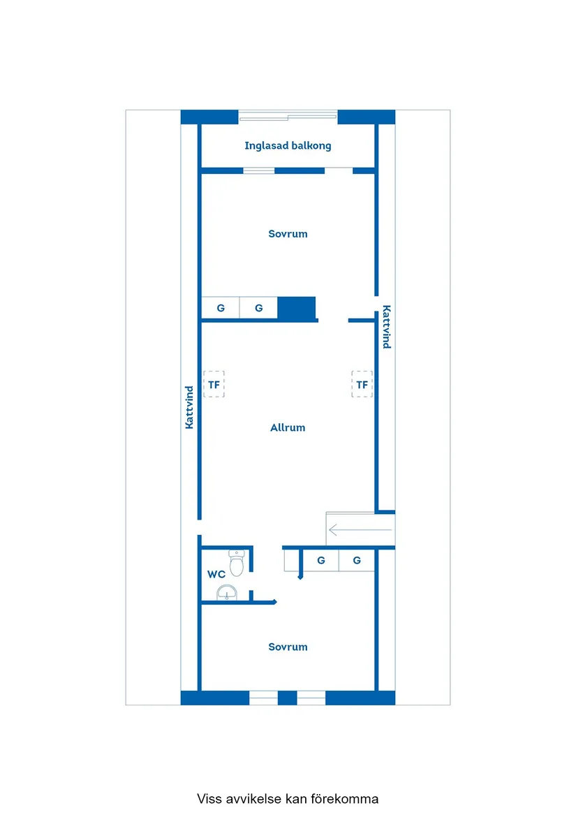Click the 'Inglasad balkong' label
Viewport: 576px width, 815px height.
click(288, 146)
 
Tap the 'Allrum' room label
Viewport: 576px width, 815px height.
click(288, 427)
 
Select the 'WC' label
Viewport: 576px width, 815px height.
click(216, 574)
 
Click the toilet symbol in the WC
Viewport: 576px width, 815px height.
click(237, 562)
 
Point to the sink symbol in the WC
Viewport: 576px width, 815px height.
click(227, 594)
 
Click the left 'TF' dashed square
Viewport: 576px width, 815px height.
click(214, 384)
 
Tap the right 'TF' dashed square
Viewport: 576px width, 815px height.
click(362, 384)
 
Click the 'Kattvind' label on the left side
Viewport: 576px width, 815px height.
click(189, 407)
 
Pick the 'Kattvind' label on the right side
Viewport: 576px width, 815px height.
click(386, 327)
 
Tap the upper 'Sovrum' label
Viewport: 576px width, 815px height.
click(288, 234)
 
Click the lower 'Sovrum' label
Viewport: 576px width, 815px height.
click(288, 647)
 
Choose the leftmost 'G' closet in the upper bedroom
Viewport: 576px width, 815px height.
click(221, 307)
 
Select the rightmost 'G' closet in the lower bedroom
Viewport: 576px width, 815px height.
click(357, 560)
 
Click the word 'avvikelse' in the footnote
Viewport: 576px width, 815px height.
click(253, 798)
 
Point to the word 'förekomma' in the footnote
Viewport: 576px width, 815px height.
click(344, 798)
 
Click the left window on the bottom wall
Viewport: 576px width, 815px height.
click(263, 697)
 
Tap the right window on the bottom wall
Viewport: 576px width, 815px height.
click(311, 697)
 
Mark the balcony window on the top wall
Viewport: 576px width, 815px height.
click(288, 117)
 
